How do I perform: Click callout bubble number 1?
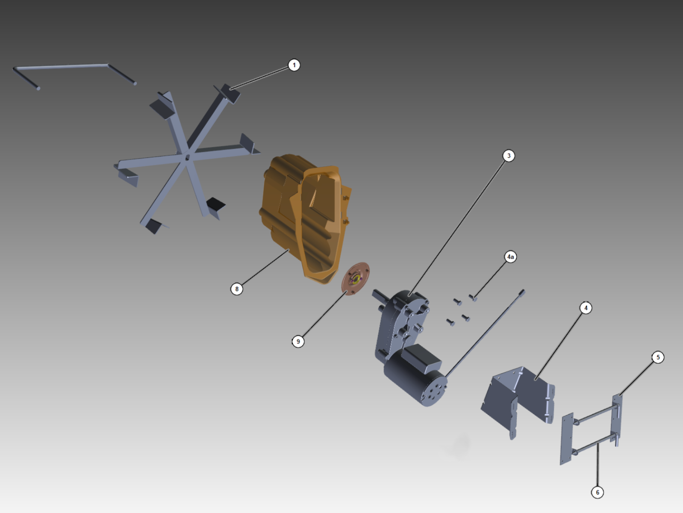pyautogui.click(x=294, y=65)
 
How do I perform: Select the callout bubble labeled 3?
pyautogui.click(x=509, y=156)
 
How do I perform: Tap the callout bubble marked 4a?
pyautogui.click(x=510, y=256)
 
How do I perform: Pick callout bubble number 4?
pyautogui.click(x=586, y=308)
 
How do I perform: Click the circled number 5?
pyautogui.click(x=658, y=357)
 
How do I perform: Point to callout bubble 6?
pyautogui.click(x=597, y=492)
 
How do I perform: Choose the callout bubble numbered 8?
pyautogui.click(x=237, y=289)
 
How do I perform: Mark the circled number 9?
pyautogui.click(x=298, y=342)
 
